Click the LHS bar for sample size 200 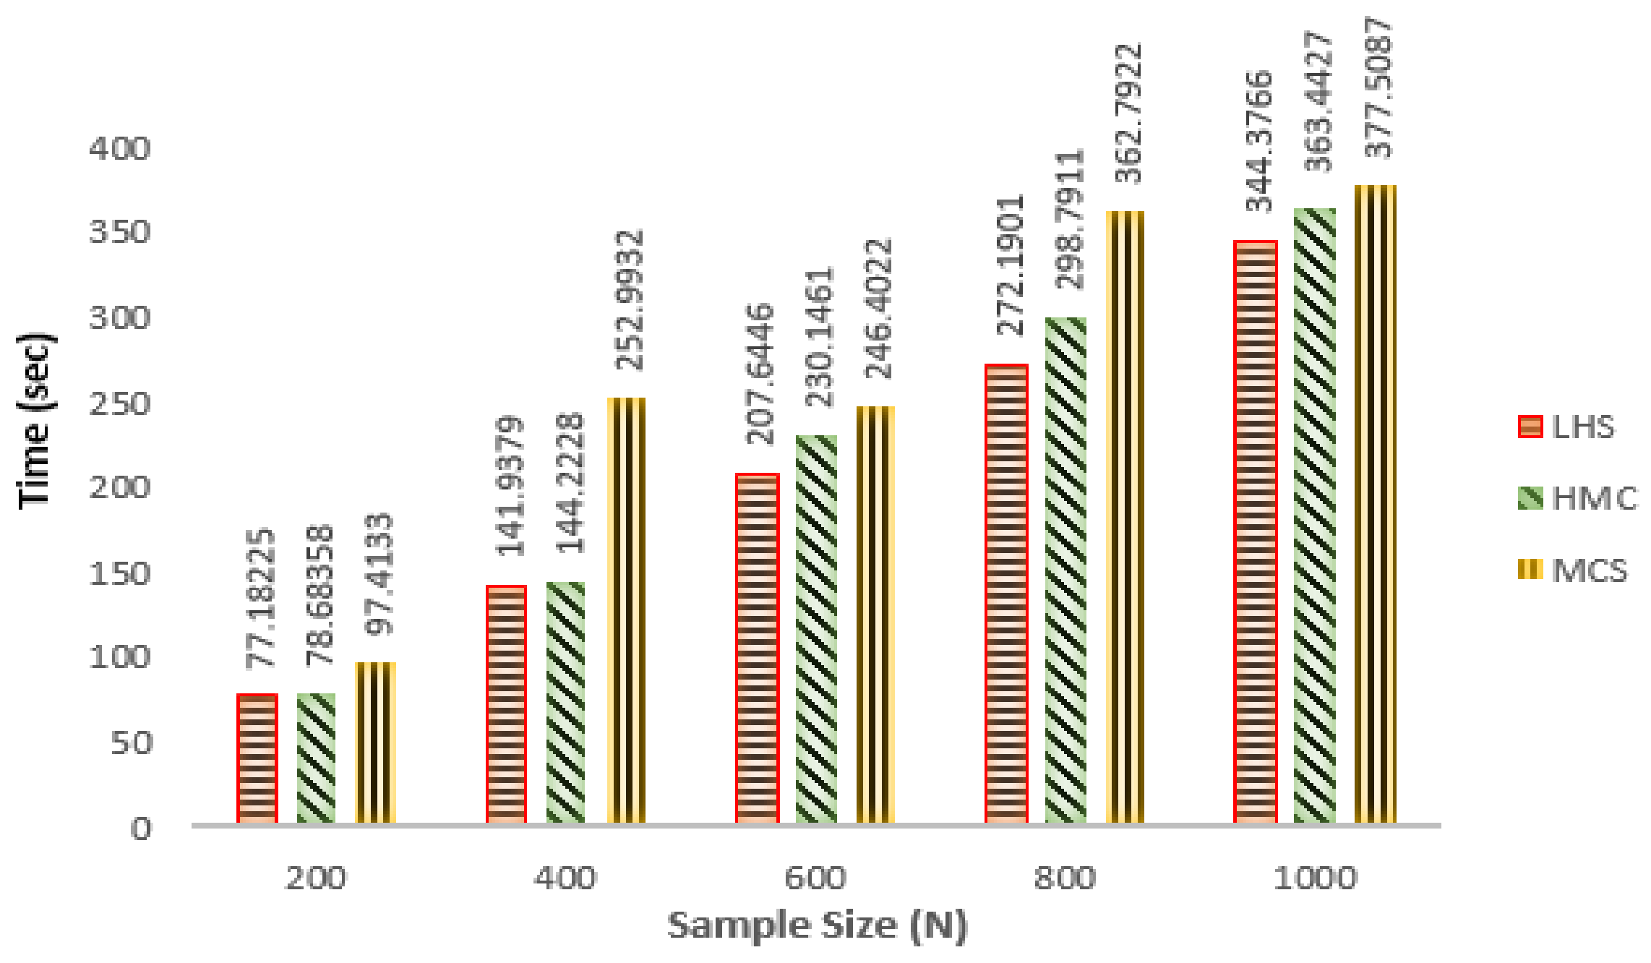[x=257, y=759]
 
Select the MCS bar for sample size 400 [x=626, y=611]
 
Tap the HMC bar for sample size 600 [x=817, y=629]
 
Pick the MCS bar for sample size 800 [x=1125, y=518]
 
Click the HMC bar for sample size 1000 [x=1315, y=516]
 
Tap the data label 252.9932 [x=630, y=300]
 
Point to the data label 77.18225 [x=260, y=599]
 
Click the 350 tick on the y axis [x=120, y=233]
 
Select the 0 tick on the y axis [x=142, y=829]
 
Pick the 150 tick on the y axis [x=120, y=574]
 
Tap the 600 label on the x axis [x=815, y=879]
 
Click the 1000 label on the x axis [x=1315, y=879]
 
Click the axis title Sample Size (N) [x=817, y=926]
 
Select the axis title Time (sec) [x=35, y=421]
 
